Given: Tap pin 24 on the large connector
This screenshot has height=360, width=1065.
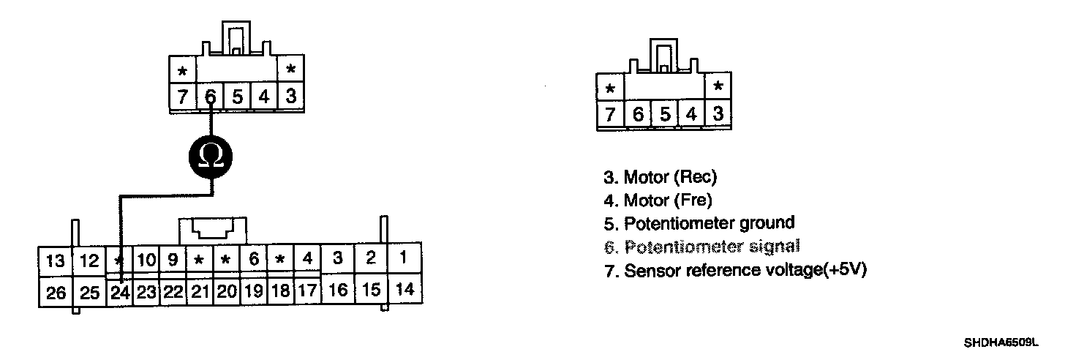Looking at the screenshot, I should [x=119, y=293].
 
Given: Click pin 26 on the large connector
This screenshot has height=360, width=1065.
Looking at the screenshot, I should [x=55, y=293].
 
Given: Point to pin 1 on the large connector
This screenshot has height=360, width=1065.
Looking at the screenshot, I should [x=404, y=258].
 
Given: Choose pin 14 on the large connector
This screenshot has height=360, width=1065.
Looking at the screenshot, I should [x=404, y=290].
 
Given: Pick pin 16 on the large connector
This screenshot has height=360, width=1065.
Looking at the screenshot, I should [x=338, y=290].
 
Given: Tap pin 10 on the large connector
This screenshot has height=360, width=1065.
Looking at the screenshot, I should [x=146, y=260].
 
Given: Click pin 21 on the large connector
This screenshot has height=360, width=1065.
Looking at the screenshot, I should [x=200, y=293].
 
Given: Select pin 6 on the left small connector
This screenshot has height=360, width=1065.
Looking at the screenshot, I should [x=210, y=97].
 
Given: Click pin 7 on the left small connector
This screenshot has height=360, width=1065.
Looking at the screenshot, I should [x=182, y=97].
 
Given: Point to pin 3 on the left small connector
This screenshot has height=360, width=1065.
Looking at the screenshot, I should [x=291, y=97].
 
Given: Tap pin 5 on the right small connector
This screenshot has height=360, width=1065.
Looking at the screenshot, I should [x=664, y=115].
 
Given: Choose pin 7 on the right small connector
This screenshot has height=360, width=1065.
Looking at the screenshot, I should [x=610, y=115].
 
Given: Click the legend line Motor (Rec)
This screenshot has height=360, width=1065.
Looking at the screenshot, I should [x=660, y=177].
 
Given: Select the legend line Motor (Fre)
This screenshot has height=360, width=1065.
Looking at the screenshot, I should [x=657, y=200].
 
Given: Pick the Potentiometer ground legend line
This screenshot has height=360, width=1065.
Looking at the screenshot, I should [x=699, y=222].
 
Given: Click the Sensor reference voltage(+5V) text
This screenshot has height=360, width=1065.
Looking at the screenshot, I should [x=734, y=270].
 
